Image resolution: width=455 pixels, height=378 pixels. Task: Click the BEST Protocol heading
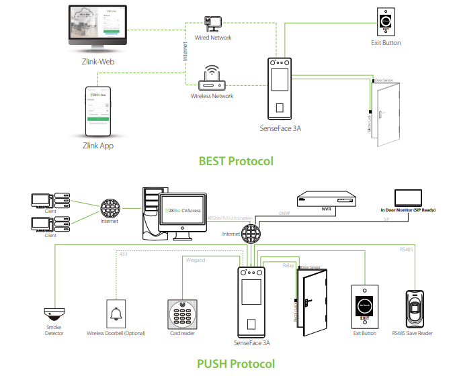[x=236, y=161]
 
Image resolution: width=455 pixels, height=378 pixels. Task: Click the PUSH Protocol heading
[x=236, y=364]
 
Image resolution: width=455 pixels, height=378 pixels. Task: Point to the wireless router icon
[x=212, y=79]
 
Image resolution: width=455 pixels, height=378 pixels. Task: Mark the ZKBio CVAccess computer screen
[x=183, y=213]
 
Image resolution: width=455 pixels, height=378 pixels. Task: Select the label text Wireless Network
[x=212, y=96]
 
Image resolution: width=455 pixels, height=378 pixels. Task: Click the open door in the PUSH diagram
[x=312, y=302]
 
